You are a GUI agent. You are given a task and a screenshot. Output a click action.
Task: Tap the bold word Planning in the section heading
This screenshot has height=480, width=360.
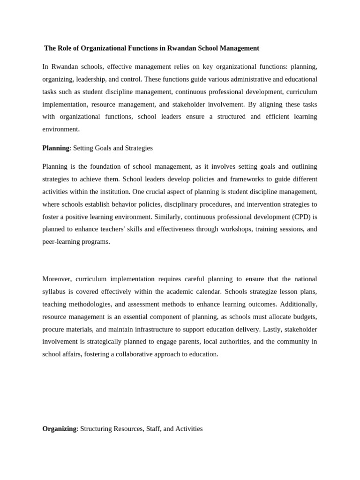56,148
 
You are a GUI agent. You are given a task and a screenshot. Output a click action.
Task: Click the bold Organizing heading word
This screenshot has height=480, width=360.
59,428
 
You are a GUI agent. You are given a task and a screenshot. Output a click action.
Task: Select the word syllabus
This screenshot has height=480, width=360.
54,291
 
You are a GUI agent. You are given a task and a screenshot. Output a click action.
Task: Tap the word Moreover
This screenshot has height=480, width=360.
57,278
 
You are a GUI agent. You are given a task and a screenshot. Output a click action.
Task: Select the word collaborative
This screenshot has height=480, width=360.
131,354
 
